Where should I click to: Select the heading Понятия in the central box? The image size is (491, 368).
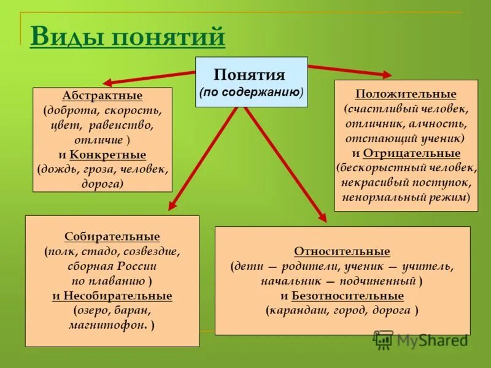coord(249,75)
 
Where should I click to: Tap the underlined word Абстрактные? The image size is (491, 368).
coord(102,96)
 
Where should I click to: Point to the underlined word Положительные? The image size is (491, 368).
coord(406,94)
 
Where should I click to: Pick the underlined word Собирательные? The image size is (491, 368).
coord(112,237)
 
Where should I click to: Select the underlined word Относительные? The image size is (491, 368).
coord(342,252)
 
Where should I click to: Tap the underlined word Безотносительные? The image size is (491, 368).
coord(347,296)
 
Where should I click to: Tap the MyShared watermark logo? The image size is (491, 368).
coord(420,339)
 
